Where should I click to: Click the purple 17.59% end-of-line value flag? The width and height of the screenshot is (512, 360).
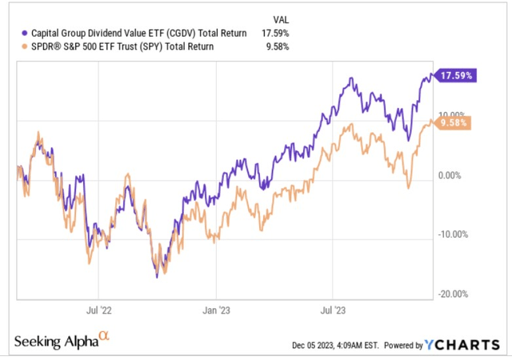[x=454, y=76]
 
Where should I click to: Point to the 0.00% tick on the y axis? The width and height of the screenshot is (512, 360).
[x=454, y=175]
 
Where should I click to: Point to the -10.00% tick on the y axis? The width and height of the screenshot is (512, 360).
[x=452, y=234]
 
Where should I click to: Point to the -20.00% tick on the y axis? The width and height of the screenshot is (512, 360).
[x=452, y=294]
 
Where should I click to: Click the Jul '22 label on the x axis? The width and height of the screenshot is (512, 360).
[x=97, y=307]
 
